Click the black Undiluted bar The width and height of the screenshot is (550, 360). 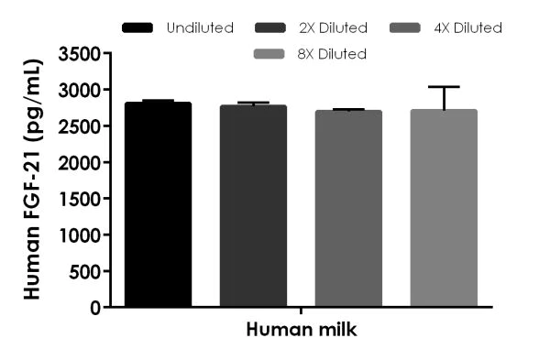click(x=158, y=205)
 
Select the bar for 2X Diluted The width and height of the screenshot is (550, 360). click(x=253, y=206)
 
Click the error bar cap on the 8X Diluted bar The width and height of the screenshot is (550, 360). click(x=444, y=87)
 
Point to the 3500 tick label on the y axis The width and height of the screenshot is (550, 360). click(x=82, y=54)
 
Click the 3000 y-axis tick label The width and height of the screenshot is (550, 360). click(x=82, y=91)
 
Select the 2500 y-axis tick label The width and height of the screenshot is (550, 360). click(x=82, y=126)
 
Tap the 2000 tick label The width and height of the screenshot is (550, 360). click(x=82, y=163)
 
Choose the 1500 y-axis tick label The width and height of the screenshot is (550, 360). click(x=82, y=199)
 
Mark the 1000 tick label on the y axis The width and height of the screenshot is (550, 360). click(x=82, y=235)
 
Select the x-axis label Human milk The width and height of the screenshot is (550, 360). click(x=301, y=331)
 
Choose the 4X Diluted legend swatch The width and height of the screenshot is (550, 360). click(x=409, y=28)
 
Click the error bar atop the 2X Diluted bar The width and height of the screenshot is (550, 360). click(x=253, y=104)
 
